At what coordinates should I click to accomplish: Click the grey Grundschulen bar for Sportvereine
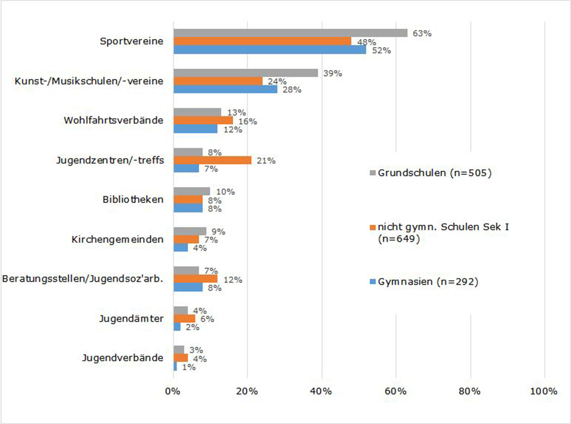coord(290,33)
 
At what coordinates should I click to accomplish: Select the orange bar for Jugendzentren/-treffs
coord(212,160)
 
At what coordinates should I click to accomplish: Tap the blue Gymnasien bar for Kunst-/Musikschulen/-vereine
coord(225,89)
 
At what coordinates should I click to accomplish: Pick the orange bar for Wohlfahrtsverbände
coord(203,120)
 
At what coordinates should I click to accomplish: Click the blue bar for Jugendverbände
coord(175,367)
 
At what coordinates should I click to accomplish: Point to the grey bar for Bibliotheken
coord(192,192)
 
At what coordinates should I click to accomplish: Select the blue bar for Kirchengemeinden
coord(181,248)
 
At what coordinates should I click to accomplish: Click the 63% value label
coord(422,34)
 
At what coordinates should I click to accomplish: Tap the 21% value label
coord(266,161)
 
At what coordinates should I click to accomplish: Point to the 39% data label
coord(333,74)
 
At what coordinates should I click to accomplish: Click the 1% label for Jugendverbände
coord(189,367)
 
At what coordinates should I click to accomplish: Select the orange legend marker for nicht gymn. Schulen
coord(373,227)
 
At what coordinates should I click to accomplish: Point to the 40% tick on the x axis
coord(321,391)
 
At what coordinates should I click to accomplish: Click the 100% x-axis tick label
coord(544,391)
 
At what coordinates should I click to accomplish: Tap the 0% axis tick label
coord(173,391)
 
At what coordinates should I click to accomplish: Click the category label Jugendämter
coord(131,319)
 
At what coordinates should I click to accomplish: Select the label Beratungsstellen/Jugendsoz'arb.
coord(82,279)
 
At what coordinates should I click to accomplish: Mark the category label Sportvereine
coord(131,41)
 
